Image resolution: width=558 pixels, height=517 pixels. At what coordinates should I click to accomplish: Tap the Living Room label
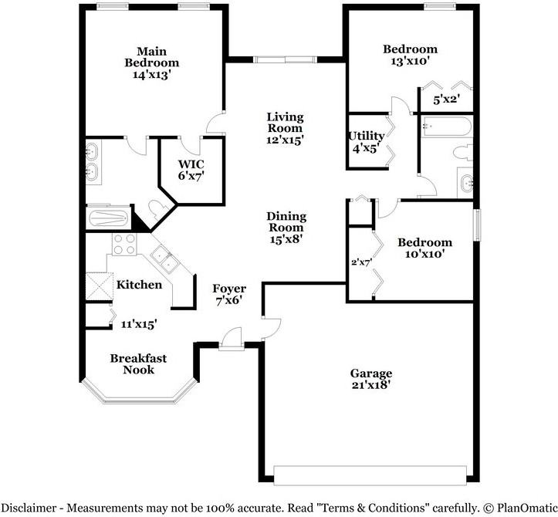[x=285, y=123]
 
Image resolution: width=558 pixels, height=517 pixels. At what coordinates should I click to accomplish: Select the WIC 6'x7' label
[x=191, y=170]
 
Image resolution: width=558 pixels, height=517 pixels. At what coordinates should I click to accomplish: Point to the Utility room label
[x=366, y=136]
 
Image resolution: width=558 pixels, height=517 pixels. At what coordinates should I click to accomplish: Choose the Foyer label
[x=229, y=289]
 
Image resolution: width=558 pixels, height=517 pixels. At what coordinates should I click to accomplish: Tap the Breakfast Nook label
[x=138, y=364]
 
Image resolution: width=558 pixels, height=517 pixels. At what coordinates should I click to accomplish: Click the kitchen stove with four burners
[x=124, y=244]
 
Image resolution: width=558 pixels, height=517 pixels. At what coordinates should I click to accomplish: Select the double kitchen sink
[x=164, y=258]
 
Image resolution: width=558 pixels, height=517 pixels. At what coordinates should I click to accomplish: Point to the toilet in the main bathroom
[x=155, y=210]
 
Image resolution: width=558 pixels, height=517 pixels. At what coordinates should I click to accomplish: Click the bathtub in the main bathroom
[x=108, y=218]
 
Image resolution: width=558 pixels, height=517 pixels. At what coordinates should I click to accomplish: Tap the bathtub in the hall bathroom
[x=447, y=127]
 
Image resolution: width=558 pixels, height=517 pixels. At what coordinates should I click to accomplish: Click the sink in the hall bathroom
[x=466, y=183]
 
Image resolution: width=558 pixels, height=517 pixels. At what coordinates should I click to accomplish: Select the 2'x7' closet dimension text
[x=361, y=262]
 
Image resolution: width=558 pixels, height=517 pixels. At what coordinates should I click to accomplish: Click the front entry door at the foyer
[x=232, y=339]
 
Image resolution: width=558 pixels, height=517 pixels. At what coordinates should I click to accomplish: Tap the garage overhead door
[x=370, y=475]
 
